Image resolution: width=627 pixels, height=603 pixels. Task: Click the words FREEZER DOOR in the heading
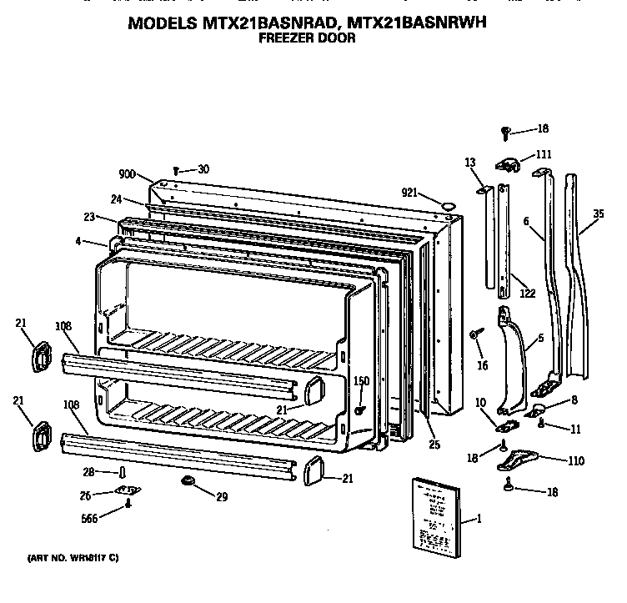(x=309, y=38)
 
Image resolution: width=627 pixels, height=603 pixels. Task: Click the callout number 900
(x=127, y=174)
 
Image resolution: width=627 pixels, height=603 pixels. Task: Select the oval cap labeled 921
(x=449, y=203)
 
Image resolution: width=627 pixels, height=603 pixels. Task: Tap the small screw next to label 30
(x=176, y=170)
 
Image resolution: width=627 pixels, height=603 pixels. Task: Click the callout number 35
(x=597, y=214)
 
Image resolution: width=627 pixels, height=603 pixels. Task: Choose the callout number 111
(x=543, y=155)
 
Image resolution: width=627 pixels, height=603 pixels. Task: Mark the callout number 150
(x=361, y=382)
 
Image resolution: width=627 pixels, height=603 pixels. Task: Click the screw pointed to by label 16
(x=474, y=334)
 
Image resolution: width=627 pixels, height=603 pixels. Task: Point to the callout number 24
(x=116, y=198)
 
